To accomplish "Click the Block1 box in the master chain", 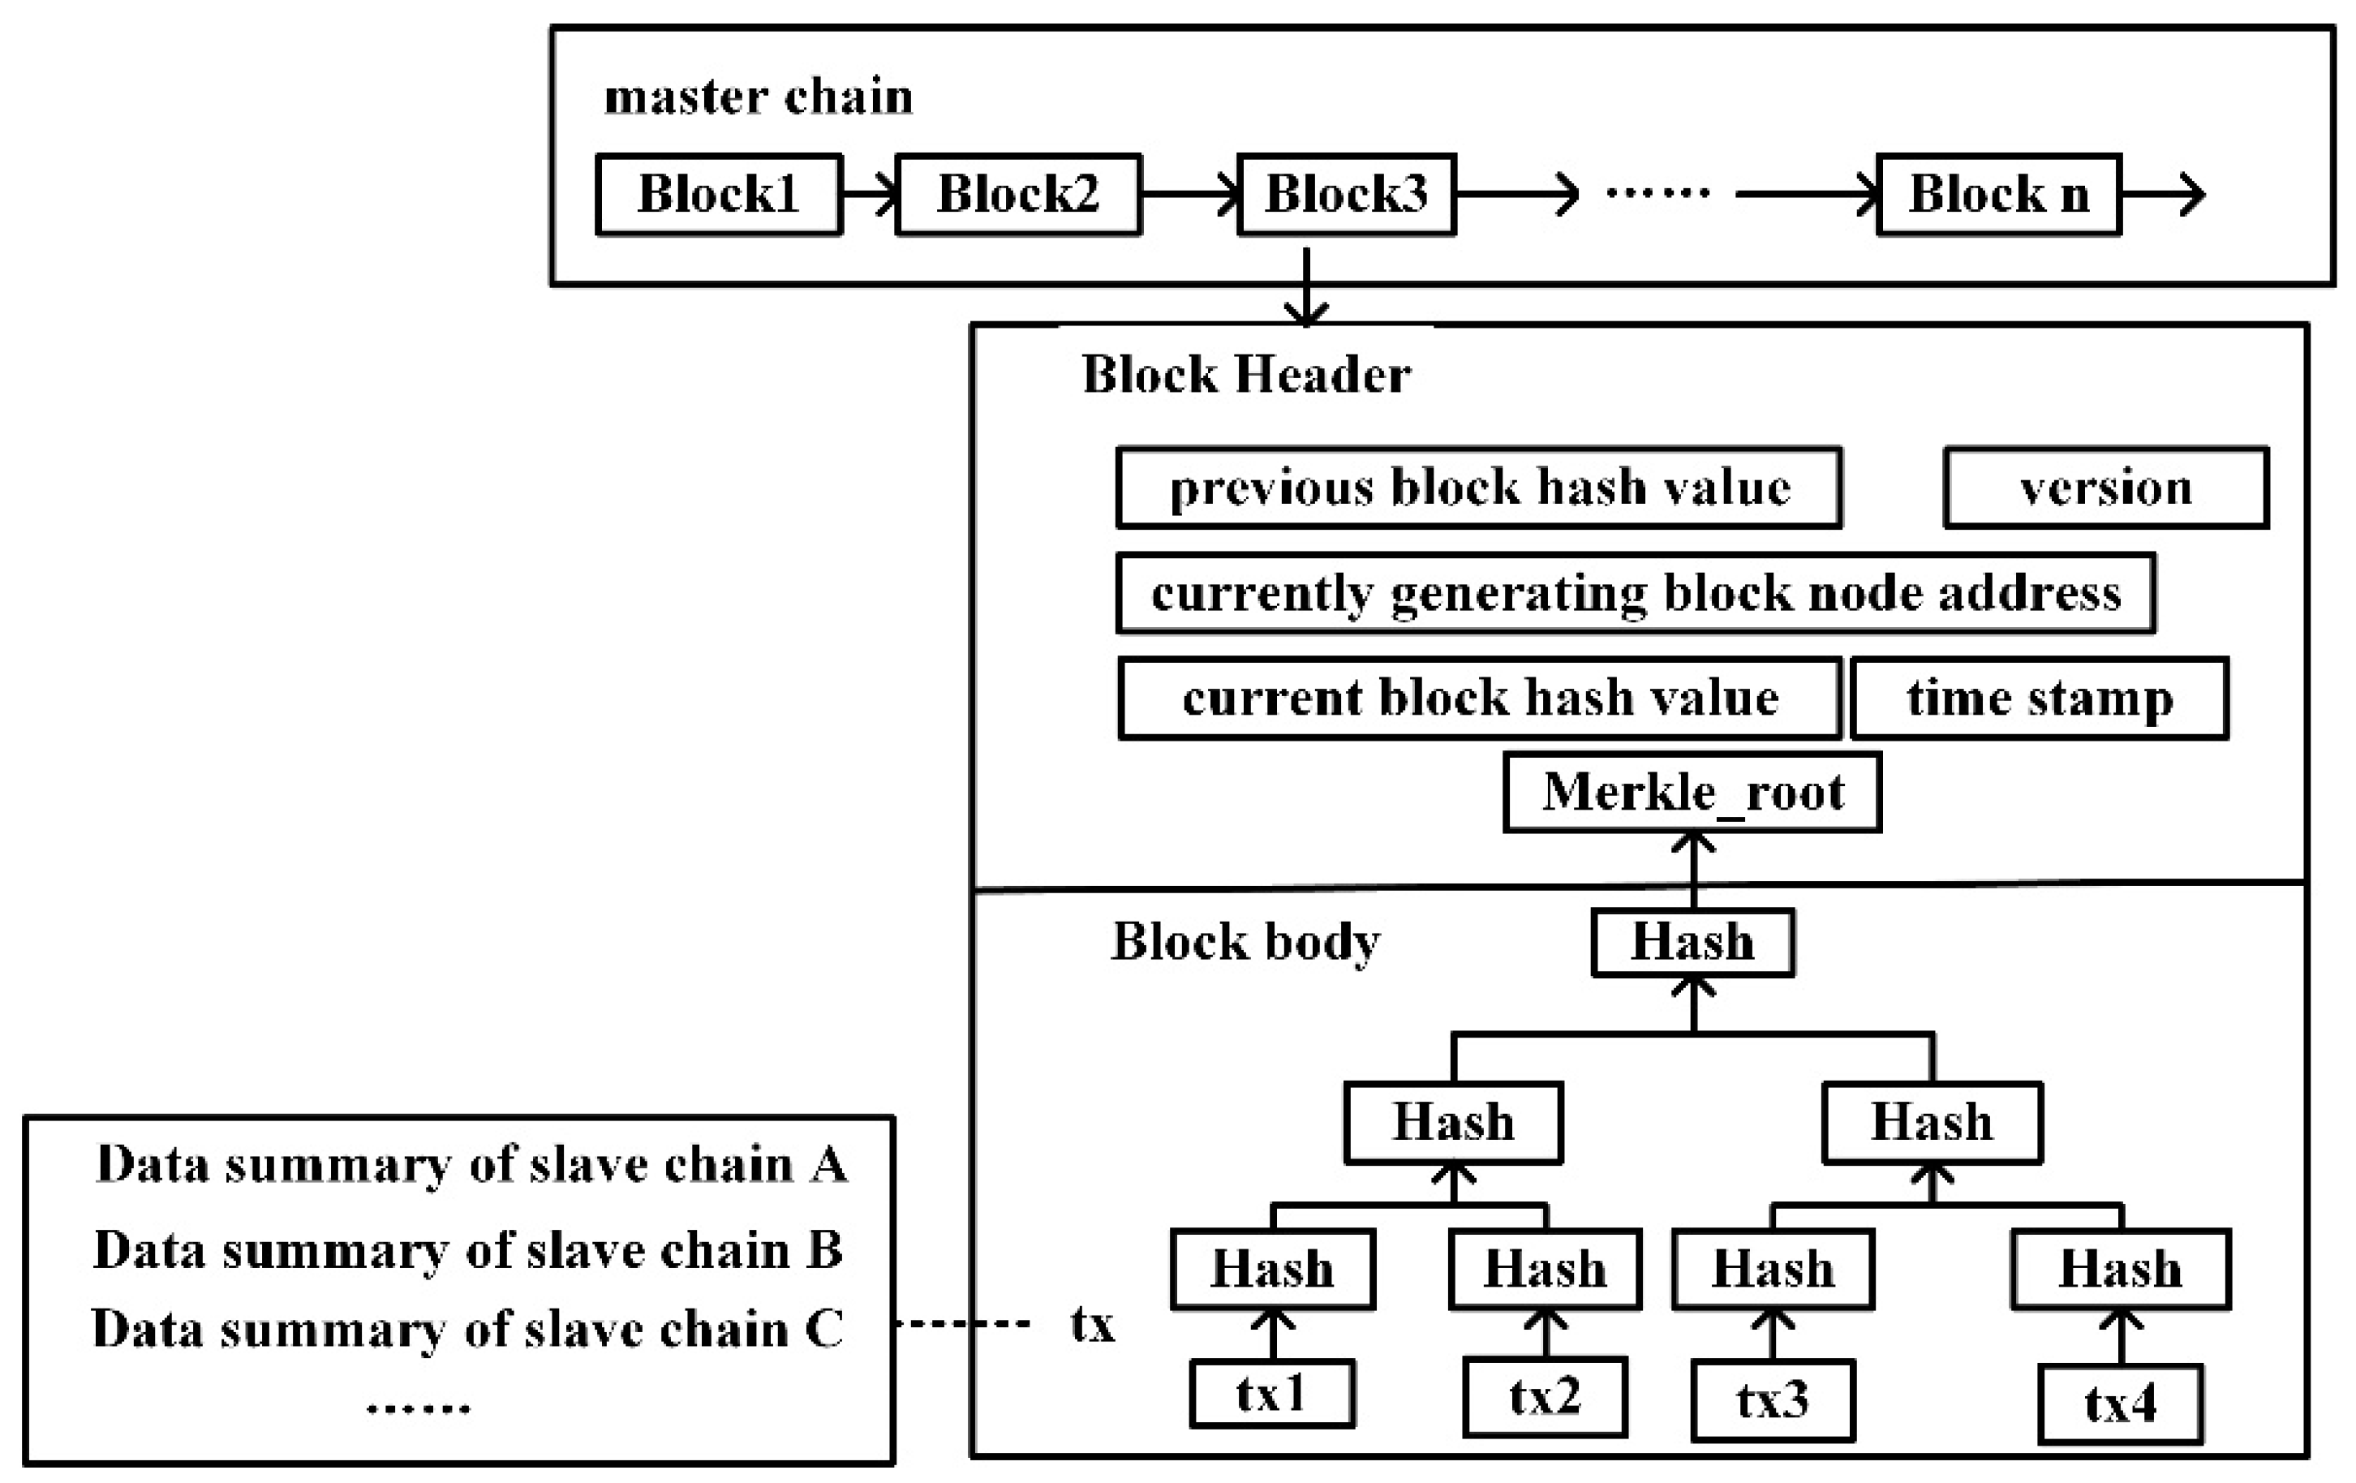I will [x=718, y=194].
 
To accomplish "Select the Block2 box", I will [x=1017, y=194].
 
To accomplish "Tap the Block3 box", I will [x=1346, y=194].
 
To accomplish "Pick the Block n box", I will [x=1999, y=194].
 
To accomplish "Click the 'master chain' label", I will [x=759, y=97].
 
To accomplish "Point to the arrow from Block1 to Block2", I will [x=869, y=194].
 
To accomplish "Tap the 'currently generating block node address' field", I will [x=1635, y=593].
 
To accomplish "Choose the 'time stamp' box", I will [x=2040, y=698].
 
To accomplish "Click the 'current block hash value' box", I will [x=1479, y=698].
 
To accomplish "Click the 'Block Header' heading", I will [x=1245, y=374].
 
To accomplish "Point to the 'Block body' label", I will [x=1245, y=941].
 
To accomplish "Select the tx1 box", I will [x=1271, y=1394].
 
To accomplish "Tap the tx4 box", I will [x=2120, y=1403].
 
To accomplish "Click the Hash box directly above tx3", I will [x=1772, y=1269].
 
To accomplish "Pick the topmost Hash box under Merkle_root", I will [x=1692, y=942].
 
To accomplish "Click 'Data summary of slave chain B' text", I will [x=467, y=1249].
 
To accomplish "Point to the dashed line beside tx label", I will [x=964, y=1323].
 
